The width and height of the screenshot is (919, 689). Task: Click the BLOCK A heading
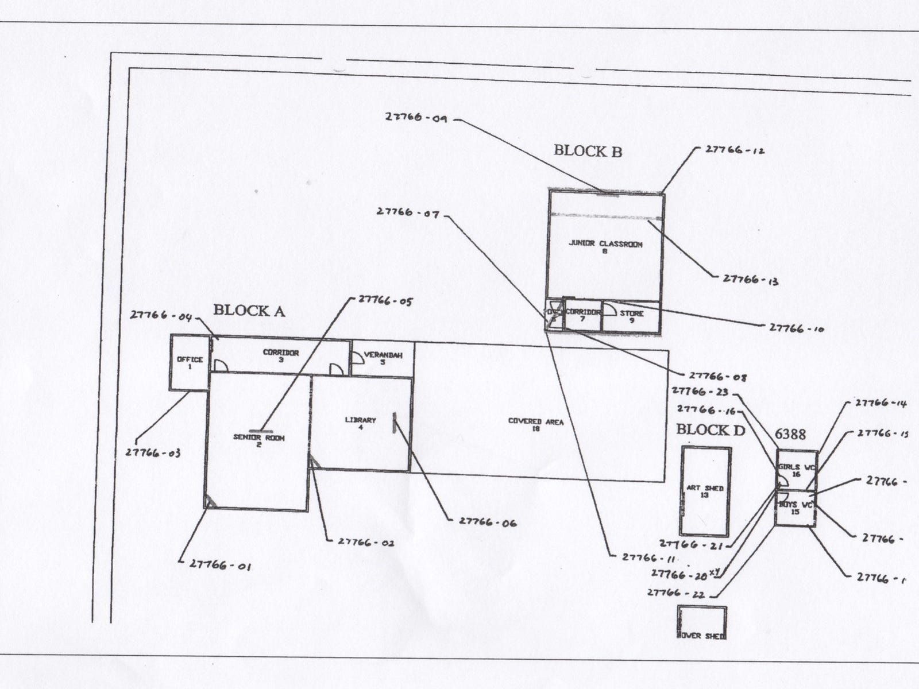pos(249,311)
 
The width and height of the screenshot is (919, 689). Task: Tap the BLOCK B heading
pos(588,151)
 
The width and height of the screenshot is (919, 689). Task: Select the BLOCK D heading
pos(711,429)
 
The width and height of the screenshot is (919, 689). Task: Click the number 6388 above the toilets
pos(790,434)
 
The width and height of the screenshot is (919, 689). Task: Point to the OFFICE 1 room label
pos(190,363)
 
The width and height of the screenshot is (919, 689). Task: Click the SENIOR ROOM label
pos(258,440)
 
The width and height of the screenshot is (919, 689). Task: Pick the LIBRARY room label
pos(360,423)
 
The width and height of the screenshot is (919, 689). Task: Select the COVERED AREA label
pos(536,425)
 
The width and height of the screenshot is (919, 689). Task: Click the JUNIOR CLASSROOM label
pos(605,247)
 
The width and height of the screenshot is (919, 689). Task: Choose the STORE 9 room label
pos(631,316)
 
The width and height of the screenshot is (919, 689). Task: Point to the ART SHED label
pos(705,491)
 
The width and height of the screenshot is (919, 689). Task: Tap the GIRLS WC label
pos(796,470)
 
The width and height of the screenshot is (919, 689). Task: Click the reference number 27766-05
pos(385,300)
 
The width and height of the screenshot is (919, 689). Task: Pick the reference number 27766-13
pos(750,279)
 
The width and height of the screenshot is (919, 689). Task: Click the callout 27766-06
pos(487,522)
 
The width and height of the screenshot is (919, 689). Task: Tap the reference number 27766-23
pos(700,392)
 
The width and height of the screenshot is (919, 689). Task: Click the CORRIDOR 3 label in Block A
pos(281,356)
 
